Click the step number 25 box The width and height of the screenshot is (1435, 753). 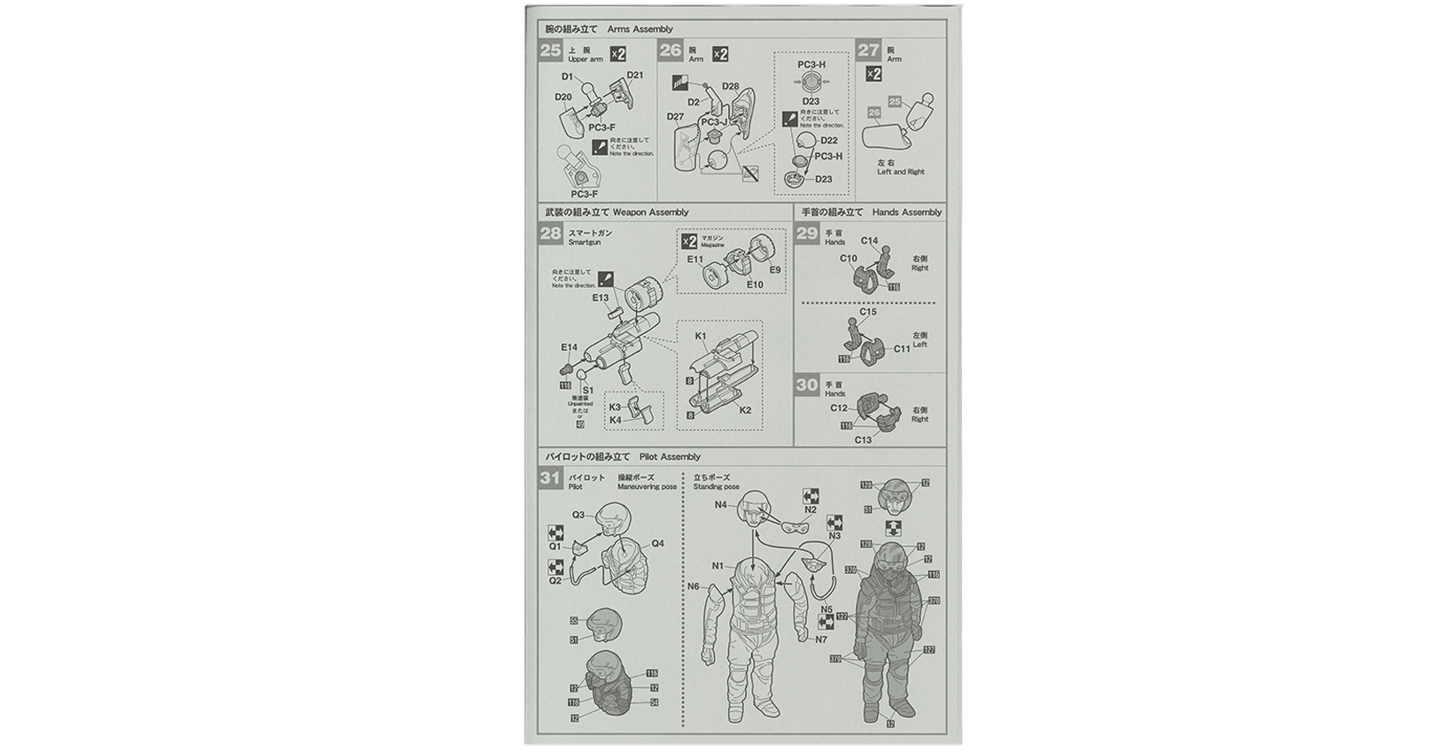pos(550,50)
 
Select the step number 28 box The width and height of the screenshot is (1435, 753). pos(550,233)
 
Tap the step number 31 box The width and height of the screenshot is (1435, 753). pos(550,478)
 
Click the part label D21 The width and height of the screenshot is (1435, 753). pos(635,74)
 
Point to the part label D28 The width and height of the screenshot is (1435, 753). pos(731,86)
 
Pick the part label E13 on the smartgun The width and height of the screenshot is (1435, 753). pos(601,298)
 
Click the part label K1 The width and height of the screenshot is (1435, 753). pos(701,336)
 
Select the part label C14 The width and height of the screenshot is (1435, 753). pos(869,241)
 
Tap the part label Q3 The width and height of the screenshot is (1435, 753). pos(578,515)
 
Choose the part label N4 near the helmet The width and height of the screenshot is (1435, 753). pos(720,505)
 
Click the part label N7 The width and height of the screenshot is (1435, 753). pos(821,639)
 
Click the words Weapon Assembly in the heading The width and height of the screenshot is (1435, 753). pos(650,213)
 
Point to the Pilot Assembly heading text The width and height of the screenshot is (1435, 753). pos(669,457)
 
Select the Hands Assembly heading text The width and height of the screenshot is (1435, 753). pos(907,213)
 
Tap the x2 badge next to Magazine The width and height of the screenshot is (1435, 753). pos(688,241)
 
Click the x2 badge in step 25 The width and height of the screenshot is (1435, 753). pos(617,55)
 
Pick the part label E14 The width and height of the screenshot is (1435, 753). pos(569,347)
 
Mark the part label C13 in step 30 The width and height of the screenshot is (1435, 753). pos(863,439)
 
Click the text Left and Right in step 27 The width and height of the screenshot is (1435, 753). pos(901,172)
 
